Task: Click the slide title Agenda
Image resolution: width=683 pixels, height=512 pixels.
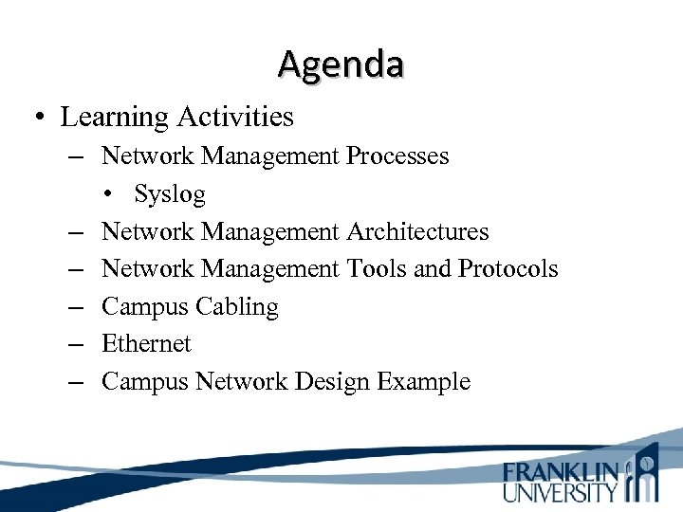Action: point(341,64)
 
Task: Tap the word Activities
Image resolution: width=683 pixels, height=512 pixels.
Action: point(231,118)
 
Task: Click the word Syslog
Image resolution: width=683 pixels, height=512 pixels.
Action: point(169,194)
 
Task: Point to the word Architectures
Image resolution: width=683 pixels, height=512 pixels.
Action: point(417,231)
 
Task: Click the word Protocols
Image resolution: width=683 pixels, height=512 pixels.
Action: point(508,269)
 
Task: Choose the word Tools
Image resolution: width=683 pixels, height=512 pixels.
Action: point(378,269)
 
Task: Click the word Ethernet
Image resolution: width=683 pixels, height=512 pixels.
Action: point(146,344)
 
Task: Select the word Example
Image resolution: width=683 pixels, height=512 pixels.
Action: point(423,382)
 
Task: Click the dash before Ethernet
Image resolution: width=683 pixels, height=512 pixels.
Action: point(75,344)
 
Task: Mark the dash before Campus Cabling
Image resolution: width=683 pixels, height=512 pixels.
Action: point(75,307)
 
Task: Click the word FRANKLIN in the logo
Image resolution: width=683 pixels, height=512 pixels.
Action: point(561,471)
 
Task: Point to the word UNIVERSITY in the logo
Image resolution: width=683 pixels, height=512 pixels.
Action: point(561,491)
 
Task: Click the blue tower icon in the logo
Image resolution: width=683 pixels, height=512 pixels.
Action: point(645,471)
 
